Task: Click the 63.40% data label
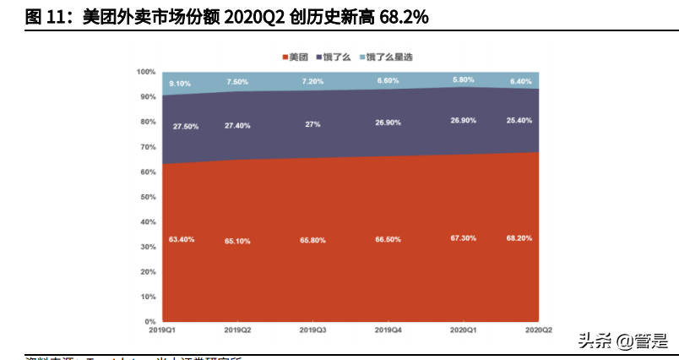[182, 239]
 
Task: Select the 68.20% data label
[519, 238]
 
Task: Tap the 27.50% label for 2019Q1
[186, 126]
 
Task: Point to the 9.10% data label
[180, 84]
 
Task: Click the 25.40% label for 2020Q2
[519, 121]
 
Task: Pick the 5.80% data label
[463, 79]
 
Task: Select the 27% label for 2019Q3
[312, 123]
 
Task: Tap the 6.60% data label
[387, 80]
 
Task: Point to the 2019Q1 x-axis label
[161, 329]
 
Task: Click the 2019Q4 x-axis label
[387, 329]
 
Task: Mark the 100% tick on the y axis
[146, 72]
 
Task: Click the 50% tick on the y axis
[148, 197]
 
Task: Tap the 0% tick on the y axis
[150, 322]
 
